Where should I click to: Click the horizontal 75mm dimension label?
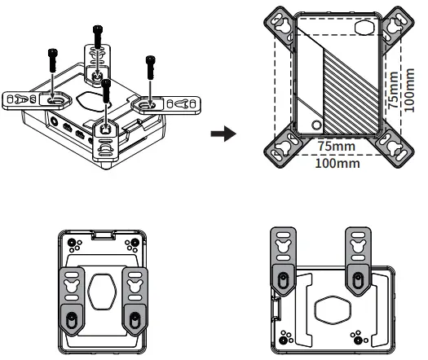[337, 146]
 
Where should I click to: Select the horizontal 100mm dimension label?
[337, 163]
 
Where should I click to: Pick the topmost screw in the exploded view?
[99, 37]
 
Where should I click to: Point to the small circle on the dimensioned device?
[315, 125]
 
